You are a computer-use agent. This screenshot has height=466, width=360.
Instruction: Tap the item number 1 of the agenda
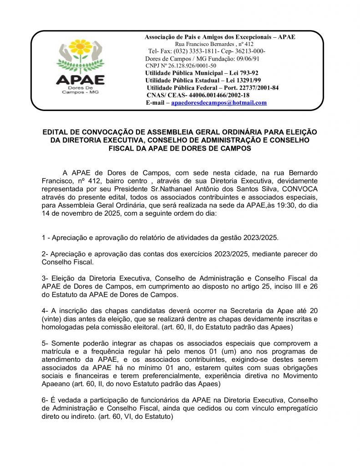pos(43,238)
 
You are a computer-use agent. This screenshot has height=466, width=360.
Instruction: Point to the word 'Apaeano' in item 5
pos(56,384)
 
